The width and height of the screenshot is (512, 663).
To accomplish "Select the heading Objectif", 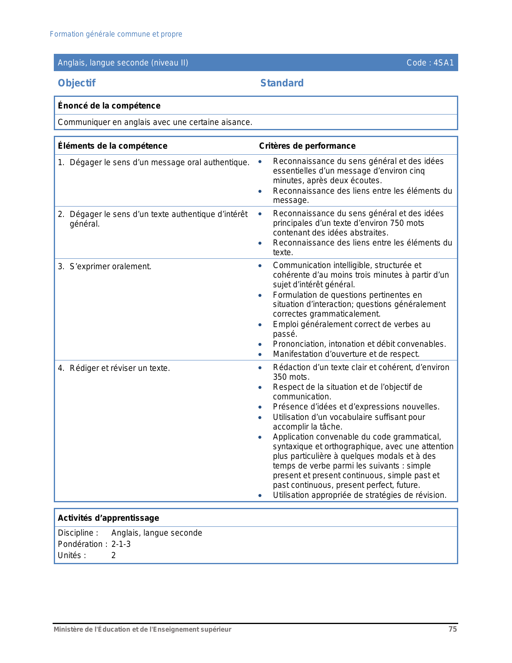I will pos(77,83).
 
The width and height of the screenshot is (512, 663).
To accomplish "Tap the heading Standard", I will pos(282,83).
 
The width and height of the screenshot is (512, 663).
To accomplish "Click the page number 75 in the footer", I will pos(453,629).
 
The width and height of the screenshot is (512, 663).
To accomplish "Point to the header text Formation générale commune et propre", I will pos(116,34).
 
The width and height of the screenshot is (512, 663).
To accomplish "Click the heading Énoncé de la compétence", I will pos(109,106).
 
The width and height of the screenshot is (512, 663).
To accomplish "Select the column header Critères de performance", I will pos(307,146).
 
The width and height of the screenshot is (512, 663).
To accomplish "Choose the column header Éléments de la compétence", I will pos(112,146).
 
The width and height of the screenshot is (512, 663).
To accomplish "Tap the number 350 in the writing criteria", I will pos(280,377).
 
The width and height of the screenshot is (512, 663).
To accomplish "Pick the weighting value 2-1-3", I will pos(121,544).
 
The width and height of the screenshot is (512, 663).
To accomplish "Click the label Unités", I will pos(71,555).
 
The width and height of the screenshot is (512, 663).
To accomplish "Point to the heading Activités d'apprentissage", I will pos(108,518).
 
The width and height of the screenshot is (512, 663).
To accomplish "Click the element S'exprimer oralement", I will pos(110,266).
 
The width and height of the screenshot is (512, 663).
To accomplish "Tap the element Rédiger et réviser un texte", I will pos(120,368).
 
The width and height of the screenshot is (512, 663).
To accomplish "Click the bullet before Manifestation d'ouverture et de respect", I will pos(260,354).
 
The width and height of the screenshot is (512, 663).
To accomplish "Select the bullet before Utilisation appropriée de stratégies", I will pos(260,495).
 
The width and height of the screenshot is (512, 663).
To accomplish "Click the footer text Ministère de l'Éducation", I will pos(142,629).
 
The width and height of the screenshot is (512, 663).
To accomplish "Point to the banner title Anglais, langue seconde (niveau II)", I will pos(123,63).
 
